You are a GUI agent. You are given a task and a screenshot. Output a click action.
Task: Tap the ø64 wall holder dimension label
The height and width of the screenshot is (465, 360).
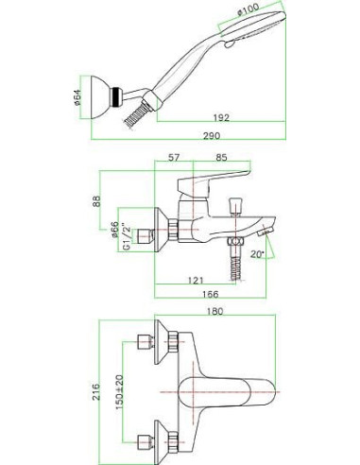(77, 97)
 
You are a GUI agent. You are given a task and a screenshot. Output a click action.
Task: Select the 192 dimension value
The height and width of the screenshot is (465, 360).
(221, 118)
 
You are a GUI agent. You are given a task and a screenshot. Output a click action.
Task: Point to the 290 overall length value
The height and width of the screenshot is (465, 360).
(212, 136)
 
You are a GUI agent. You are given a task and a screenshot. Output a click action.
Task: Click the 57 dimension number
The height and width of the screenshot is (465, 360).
(174, 158)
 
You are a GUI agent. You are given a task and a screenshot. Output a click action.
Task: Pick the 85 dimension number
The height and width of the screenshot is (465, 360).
(221, 158)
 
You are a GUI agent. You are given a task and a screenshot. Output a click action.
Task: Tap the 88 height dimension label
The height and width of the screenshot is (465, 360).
(96, 201)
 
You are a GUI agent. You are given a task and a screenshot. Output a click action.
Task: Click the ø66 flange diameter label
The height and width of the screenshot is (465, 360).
(114, 229)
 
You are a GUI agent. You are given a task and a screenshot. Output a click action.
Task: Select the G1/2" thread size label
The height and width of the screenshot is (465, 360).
(126, 237)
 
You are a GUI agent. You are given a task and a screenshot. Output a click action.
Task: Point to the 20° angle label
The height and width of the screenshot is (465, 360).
(258, 254)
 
